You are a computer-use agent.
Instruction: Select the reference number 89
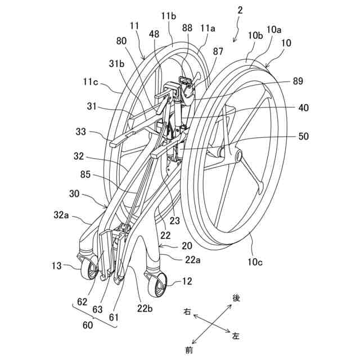[x=298, y=81]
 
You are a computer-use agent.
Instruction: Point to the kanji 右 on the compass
[x=186, y=311]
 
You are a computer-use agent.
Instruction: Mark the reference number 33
[x=82, y=132]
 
